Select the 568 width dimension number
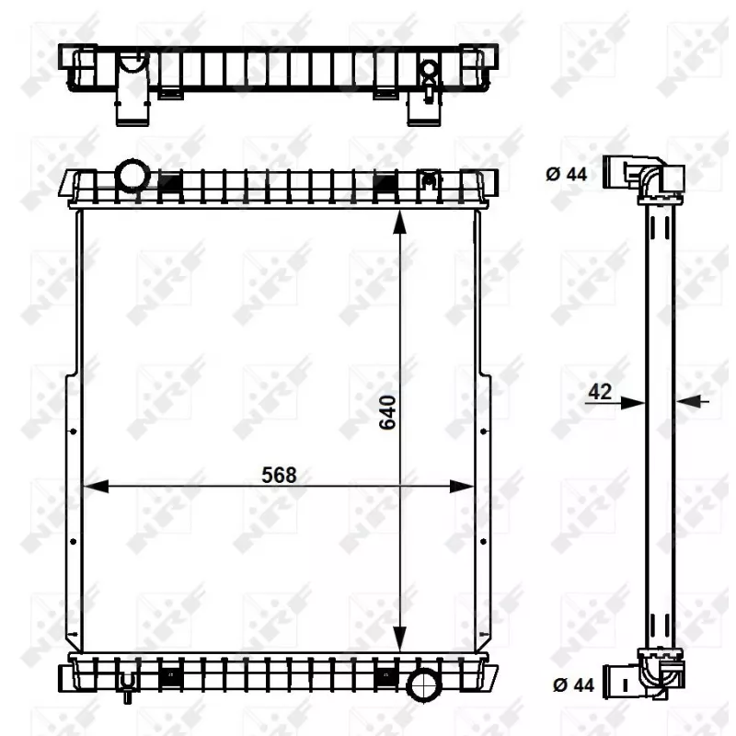[279, 475]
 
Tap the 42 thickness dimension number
[600, 391]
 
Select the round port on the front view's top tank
[133, 174]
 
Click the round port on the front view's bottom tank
[426, 684]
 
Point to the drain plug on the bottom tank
[127, 685]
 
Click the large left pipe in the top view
[130, 87]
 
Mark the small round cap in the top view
[429, 70]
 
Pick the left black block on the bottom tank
[169, 678]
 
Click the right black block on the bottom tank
[385, 678]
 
